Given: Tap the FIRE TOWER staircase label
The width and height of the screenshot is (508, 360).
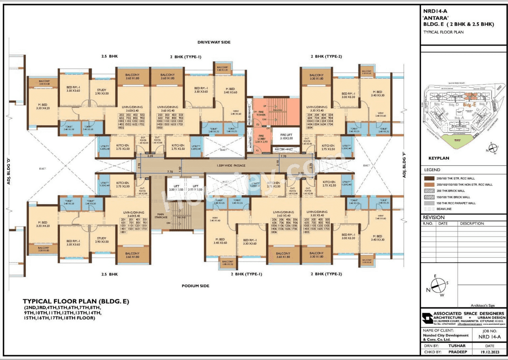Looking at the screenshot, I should pyautogui.click(x=260, y=113).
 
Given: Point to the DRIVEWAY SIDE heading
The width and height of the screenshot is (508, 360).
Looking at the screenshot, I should pyautogui.click(x=214, y=42).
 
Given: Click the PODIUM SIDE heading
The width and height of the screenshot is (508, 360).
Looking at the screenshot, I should pyautogui.click(x=195, y=286).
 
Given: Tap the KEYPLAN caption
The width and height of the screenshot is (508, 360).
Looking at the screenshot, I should pyautogui.click(x=439, y=158).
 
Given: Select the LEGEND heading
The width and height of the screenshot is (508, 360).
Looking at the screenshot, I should pyautogui.click(x=432, y=170).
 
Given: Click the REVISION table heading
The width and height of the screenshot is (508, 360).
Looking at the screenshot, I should pyautogui.click(x=434, y=218).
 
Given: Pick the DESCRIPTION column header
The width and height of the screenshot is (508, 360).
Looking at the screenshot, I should pyautogui.click(x=472, y=223).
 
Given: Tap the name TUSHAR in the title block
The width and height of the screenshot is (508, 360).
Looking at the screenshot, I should pyautogui.click(x=456, y=346).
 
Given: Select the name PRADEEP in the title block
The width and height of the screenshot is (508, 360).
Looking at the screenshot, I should pyautogui.click(x=457, y=351).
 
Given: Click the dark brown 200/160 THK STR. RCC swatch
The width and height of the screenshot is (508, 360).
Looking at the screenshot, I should pyautogui.click(x=429, y=178).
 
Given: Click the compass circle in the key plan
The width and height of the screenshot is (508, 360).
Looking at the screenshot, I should pyautogui.click(x=493, y=148).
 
